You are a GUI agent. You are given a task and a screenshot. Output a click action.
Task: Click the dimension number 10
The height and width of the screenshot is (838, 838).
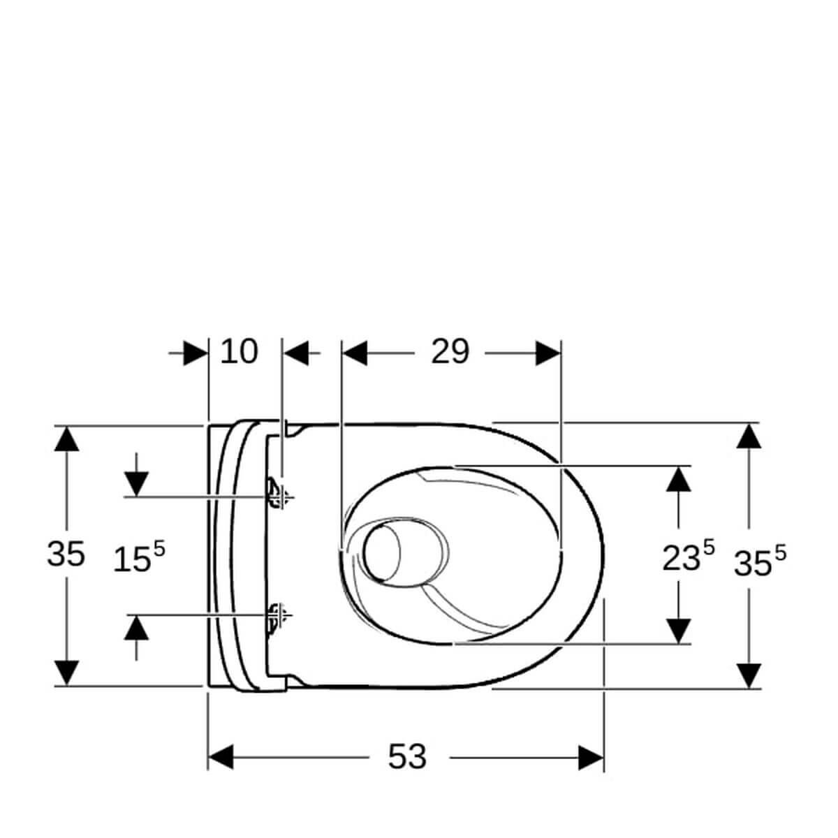point(239,352)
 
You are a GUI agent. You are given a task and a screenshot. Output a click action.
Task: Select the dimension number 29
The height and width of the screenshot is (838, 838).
point(449,352)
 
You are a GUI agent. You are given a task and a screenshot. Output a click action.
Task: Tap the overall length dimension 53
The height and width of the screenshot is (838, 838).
point(407,757)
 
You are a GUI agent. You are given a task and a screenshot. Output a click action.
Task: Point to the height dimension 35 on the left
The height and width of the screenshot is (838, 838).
point(66,554)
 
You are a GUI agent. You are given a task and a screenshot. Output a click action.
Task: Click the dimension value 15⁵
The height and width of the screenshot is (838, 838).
point(139,558)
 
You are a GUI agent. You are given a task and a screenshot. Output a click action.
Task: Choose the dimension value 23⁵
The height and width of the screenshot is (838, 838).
point(688,556)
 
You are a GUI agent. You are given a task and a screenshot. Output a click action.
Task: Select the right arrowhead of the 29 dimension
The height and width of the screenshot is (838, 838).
point(548,353)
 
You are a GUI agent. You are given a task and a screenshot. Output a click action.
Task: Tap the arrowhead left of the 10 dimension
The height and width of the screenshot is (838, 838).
point(196,353)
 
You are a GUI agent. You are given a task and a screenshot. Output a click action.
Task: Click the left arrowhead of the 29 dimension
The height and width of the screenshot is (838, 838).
point(355,353)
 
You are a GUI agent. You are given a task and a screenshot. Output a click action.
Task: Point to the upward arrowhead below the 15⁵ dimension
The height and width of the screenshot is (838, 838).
point(136,628)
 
